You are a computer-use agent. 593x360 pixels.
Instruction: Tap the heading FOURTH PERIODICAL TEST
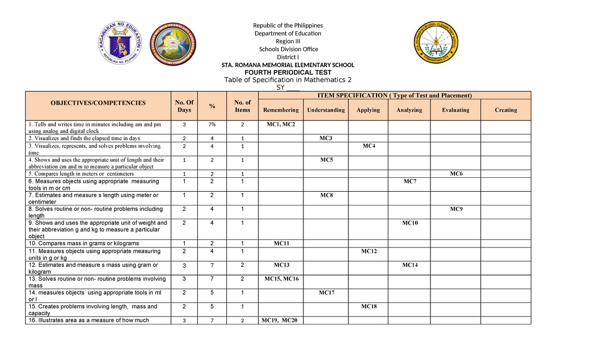[288, 72]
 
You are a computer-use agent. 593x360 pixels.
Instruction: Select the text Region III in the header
[288, 41]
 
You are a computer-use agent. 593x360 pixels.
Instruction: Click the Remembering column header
[281, 110]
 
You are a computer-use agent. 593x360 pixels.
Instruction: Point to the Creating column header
[506, 110]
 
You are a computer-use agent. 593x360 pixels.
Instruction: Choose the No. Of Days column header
[184, 106]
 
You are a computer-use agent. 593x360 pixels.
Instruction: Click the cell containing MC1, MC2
[281, 124]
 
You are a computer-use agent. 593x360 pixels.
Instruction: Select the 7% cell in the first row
[212, 124]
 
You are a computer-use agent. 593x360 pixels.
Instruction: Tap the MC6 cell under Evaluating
[456, 173]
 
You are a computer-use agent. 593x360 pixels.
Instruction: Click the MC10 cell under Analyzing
[409, 223]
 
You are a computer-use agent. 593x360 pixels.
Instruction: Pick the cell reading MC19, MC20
[281, 320]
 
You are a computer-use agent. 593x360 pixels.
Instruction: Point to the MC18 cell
[368, 306]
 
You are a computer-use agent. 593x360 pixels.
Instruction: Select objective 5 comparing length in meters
[82, 174]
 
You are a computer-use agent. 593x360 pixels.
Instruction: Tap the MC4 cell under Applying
[368, 146]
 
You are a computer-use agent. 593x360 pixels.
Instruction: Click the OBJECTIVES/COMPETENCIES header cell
[98, 103]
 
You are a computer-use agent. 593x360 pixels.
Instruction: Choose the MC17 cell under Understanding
[326, 293]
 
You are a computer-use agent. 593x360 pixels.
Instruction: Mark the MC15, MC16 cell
[281, 279]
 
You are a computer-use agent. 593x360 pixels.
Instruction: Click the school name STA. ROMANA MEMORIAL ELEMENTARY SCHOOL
[288, 65]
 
